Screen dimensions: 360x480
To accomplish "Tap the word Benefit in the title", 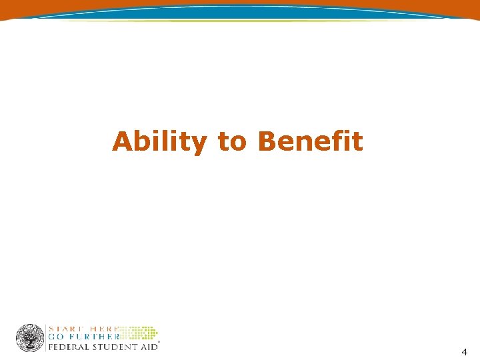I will coord(310,141).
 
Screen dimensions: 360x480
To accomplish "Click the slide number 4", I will coord(464,351).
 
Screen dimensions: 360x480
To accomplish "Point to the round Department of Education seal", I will coord(30,338).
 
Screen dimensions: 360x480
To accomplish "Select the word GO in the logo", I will coord(55,337).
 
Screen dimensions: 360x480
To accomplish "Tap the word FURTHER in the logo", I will coord(92,337).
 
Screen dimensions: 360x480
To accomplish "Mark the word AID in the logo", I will coord(149,347).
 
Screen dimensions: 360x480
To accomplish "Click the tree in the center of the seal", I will coord(30,337).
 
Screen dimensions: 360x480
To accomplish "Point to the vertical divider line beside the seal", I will coord(46,338).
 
